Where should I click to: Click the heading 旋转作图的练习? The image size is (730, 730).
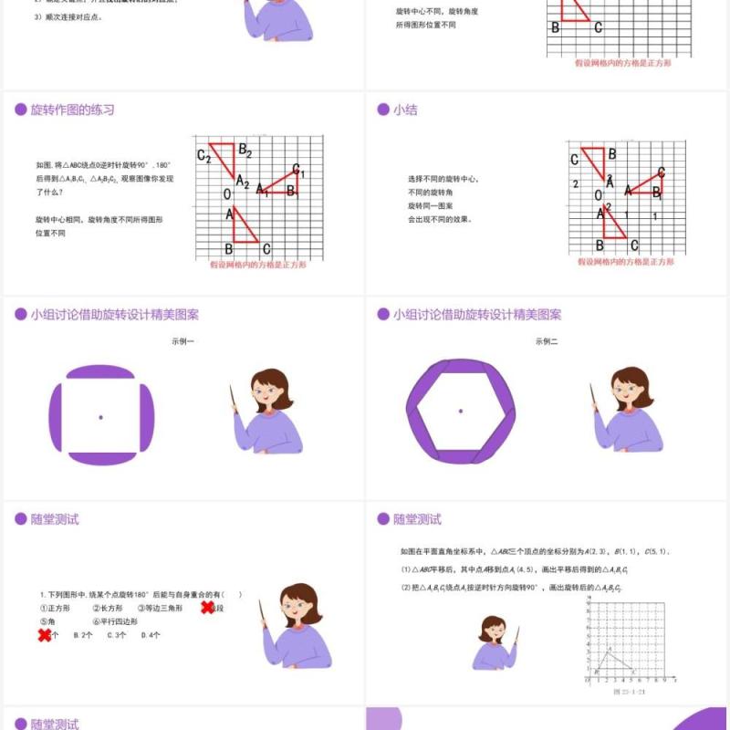pos(72,109)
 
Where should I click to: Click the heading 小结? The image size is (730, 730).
pos(404,109)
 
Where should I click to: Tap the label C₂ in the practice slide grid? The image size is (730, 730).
pos(203,158)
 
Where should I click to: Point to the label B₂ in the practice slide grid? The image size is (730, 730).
pos(245,151)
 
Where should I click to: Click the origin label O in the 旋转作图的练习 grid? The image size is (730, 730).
pos(227,193)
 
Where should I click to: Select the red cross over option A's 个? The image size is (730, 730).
pos(45,635)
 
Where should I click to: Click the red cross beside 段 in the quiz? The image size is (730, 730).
pos(208,608)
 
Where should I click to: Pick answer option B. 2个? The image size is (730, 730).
pos(82,635)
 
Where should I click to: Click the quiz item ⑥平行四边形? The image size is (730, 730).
pos(114,621)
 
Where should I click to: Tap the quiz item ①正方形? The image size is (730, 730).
pos(55,608)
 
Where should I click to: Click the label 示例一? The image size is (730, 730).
pos(182,341)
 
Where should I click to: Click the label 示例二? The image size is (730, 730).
pos(546,341)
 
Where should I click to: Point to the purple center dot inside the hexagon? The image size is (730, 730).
pos(460,412)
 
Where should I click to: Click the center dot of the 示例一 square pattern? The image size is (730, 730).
pos(100,417)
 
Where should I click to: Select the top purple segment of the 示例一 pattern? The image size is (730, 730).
pos(101,372)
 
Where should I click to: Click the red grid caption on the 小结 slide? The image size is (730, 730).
pos(625,262)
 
